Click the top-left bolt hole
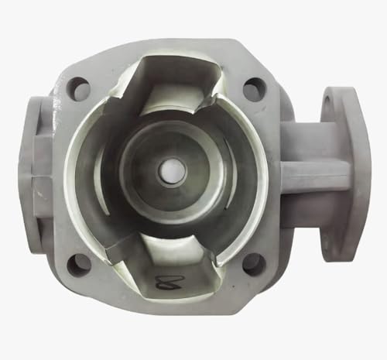(x=79, y=88)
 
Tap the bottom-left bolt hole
(x=79, y=266)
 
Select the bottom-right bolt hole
(x=253, y=264)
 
